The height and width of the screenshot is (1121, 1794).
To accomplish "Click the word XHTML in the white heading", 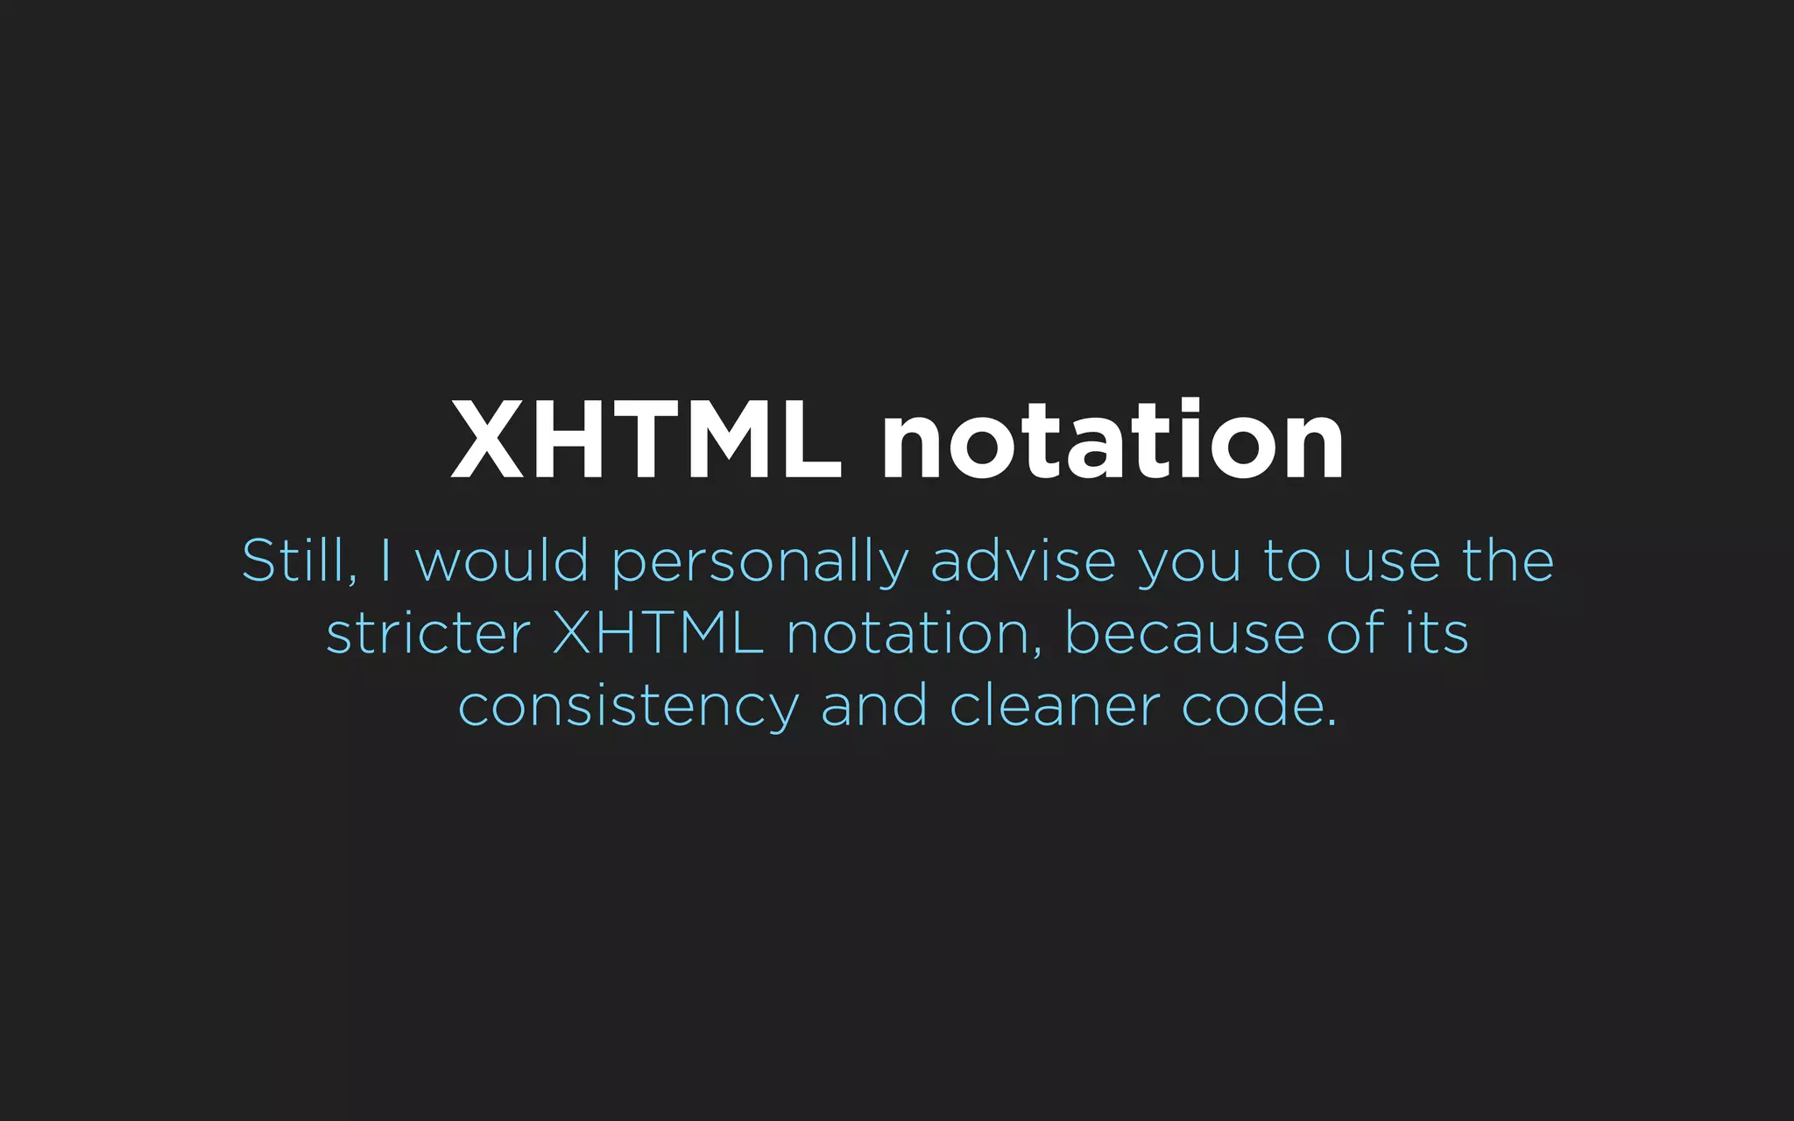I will click(646, 440).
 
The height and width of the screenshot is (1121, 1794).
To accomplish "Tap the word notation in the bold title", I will click(1112, 440).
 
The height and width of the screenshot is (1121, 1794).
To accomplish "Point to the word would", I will click(502, 560).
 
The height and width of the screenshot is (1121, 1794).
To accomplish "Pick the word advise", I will click(1023, 560).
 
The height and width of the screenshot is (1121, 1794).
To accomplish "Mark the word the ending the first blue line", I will click(1508, 560).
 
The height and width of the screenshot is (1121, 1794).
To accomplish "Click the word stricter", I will click(428, 633).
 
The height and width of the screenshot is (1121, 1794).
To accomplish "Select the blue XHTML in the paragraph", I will click(658, 633).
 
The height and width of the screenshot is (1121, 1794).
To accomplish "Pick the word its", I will click(1437, 633).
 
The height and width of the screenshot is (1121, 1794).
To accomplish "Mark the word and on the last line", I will click(873, 706).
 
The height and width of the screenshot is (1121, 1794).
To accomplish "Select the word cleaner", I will click(1055, 706).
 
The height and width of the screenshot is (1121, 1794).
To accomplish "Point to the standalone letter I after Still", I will click(385, 560).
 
